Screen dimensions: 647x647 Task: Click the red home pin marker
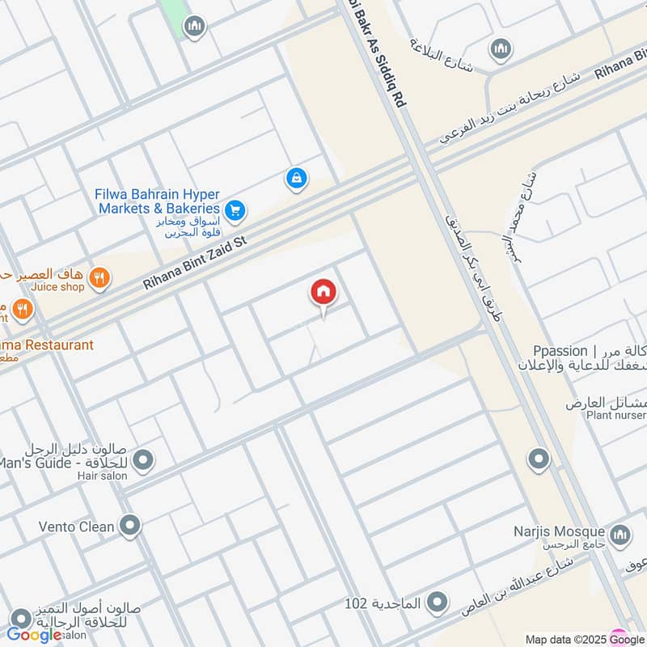(x=323, y=292)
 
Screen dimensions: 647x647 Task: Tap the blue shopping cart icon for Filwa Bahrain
(x=235, y=210)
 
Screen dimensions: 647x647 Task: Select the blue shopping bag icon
(x=297, y=179)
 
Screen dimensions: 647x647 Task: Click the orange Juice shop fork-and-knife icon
(x=100, y=278)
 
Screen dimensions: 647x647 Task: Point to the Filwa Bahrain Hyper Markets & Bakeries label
(x=159, y=201)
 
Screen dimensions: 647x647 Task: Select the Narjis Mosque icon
(x=620, y=534)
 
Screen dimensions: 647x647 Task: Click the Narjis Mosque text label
(x=559, y=531)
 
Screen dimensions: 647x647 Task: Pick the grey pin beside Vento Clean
(x=129, y=526)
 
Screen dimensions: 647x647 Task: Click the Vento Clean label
(x=77, y=526)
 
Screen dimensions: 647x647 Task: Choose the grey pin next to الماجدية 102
(x=437, y=603)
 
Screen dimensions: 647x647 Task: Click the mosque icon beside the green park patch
(x=194, y=27)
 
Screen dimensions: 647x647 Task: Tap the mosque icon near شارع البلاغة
(x=501, y=49)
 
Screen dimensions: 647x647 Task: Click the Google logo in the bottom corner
(x=34, y=636)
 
